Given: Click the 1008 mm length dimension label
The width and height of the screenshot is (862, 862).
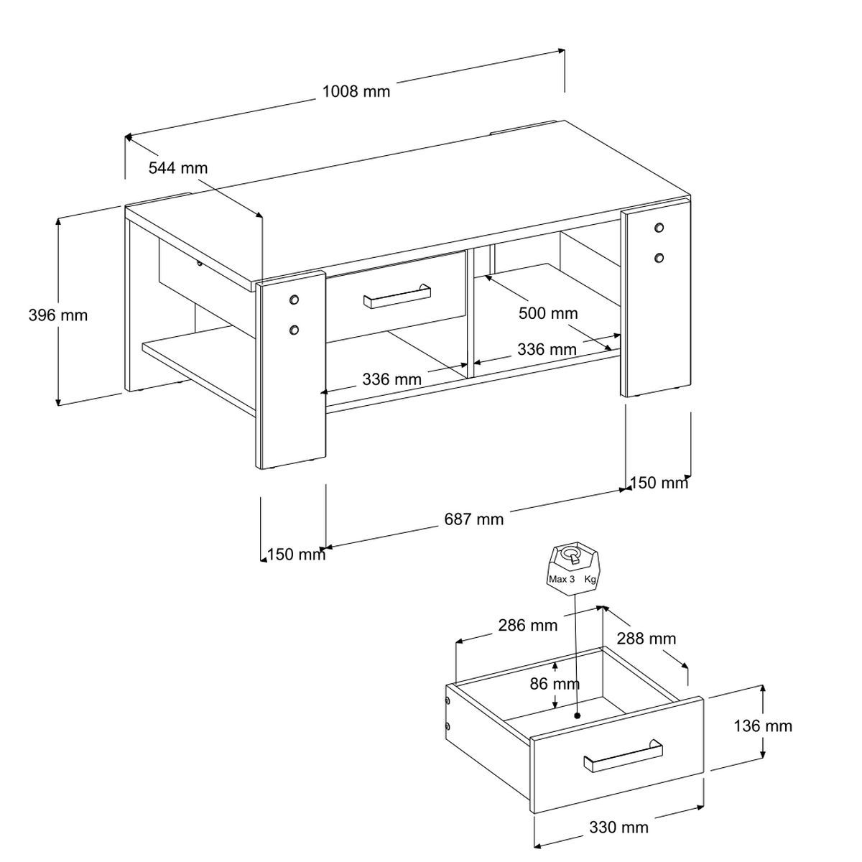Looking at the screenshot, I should point(356,91).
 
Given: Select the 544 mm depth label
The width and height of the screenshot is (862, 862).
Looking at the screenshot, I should point(177,168).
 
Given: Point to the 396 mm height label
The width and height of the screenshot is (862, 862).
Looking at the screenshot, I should point(57,315).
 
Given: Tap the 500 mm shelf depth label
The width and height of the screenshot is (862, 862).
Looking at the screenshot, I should point(548,313).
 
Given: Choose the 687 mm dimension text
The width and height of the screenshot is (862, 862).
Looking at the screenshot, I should point(474,519).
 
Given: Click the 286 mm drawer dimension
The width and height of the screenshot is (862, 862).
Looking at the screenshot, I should point(527,625).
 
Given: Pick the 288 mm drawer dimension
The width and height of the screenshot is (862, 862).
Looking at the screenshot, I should point(646,639).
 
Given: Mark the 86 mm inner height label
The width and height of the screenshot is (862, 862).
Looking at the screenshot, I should point(555,684).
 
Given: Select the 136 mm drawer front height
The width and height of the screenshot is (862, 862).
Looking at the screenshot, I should point(763,726).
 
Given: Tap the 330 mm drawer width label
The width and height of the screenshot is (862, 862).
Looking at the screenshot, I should point(618,827).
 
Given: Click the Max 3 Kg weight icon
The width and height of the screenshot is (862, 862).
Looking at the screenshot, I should point(573,567).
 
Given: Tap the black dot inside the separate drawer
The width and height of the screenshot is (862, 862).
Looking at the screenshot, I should point(578,715).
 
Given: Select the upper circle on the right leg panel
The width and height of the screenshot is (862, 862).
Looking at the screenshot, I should point(659,228).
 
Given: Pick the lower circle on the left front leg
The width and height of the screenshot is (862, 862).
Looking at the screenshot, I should point(293,330).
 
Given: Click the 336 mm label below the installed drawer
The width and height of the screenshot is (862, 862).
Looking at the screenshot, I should point(391,379).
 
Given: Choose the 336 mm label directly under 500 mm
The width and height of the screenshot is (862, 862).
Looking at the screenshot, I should point(547,350).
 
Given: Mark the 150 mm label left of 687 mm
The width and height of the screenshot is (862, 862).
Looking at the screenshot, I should point(296,554).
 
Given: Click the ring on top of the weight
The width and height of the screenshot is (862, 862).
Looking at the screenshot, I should point(573,554).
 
